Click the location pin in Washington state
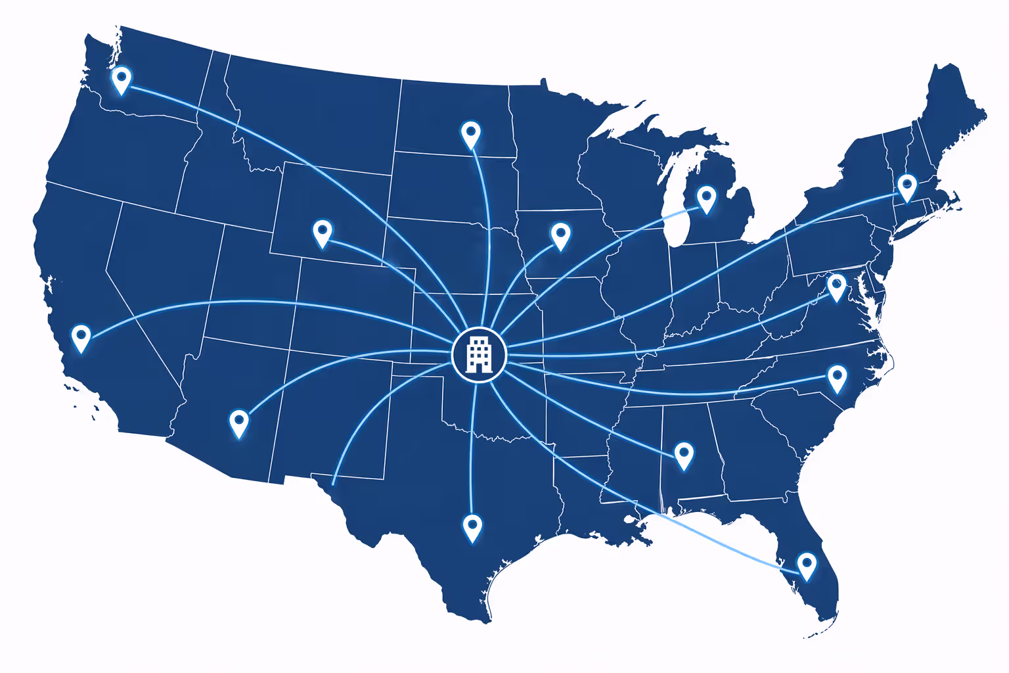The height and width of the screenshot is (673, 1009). tap(121, 79)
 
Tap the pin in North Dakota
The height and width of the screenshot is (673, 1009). tap(470, 133)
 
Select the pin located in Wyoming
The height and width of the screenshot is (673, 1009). tap(323, 232)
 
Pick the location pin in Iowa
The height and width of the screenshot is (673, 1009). tap(560, 235)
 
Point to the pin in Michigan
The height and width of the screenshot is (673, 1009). tap(706, 198)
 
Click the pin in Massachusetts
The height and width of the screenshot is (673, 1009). tap(907, 187)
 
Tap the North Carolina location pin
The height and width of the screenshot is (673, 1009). tap(837, 377)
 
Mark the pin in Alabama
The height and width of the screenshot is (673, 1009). tap(684, 454)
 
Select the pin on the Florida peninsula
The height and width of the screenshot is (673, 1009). tap(807, 565)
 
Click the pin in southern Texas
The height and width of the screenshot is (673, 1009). tap(472, 526)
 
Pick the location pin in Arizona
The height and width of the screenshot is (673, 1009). tap(239, 422)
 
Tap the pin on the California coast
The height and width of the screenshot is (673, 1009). tap(81, 336)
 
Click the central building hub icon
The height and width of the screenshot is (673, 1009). tap(480, 354)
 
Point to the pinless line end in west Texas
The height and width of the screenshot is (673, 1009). tap(333, 484)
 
